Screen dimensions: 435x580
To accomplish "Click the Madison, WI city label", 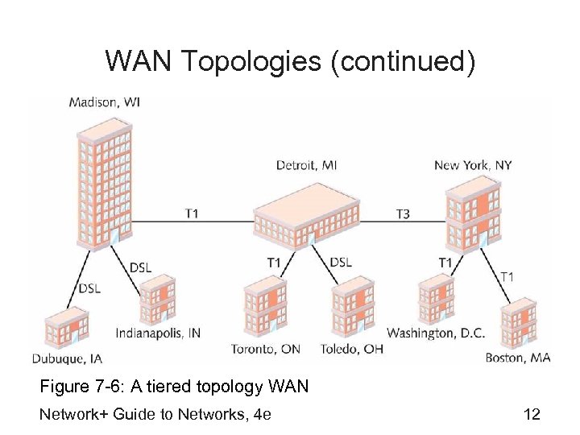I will pyautogui.click(x=105, y=102).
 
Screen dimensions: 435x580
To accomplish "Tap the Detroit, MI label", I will pyautogui.click(x=306, y=165).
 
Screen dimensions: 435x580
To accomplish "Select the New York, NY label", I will pyautogui.click(x=473, y=165).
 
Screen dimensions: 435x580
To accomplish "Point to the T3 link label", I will pyautogui.click(x=403, y=213).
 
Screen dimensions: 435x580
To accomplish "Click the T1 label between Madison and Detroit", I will pyautogui.click(x=193, y=213).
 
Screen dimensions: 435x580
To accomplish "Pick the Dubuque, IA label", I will pyautogui.click(x=67, y=358).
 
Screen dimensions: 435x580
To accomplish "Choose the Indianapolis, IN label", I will pyautogui.click(x=158, y=333).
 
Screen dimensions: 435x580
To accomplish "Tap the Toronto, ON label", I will pyautogui.click(x=266, y=350).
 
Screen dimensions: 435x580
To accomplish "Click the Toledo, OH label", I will pyautogui.click(x=351, y=350).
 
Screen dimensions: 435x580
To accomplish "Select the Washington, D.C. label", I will pyautogui.click(x=436, y=333).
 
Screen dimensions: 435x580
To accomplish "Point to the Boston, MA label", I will pyautogui.click(x=518, y=358).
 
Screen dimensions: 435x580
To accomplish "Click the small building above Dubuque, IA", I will pyautogui.click(x=65, y=327).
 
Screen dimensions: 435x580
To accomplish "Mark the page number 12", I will pyautogui.click(x=532, y=415).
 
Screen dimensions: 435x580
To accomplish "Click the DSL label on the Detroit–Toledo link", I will pyautogui.click(x=341, y=263).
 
